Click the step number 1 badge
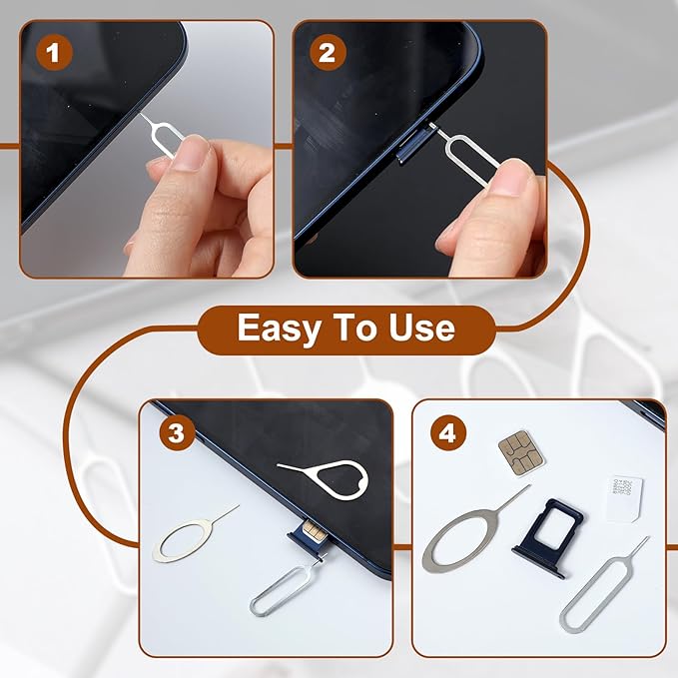[52, 53]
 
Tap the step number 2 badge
[326, 53]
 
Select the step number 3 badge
[176, 433]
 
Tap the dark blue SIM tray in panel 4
[548, 536]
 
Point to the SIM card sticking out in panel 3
[310, 530]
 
